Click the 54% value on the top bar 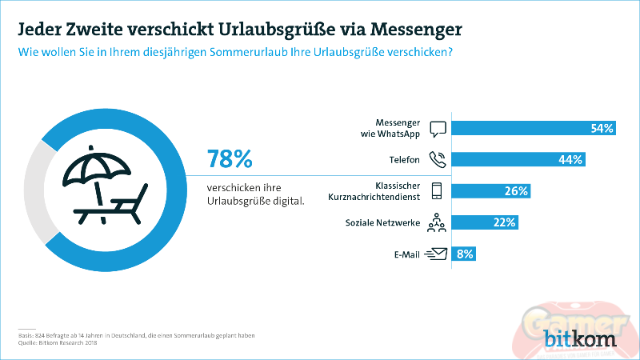click(602, 128)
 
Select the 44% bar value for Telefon click(570, 159)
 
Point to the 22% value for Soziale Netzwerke click(504, 222)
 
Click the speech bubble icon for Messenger click(437, 128)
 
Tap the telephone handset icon click(437, 159)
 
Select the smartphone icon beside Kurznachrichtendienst click(437, 190)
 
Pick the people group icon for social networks click(437, 222)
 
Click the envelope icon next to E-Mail click(437, 254)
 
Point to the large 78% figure click(230, 158)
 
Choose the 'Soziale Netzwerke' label click(382, 222)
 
